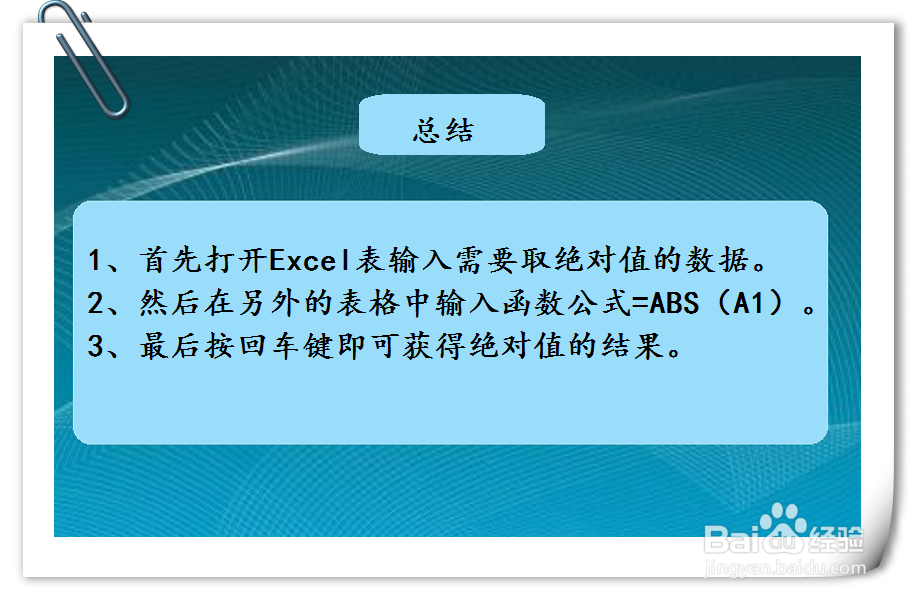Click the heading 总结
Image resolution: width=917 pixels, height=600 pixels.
click(443, 131)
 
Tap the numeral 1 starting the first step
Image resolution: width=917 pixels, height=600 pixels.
click(96, 262)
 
